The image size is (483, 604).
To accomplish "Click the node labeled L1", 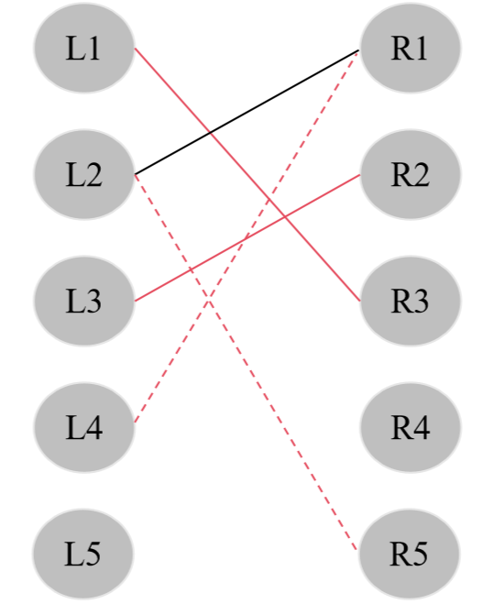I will (83, 48).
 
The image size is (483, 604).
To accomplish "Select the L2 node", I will (83, 174).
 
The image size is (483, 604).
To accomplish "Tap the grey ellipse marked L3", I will (83, 301).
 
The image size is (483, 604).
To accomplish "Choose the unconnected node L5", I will (83, 554).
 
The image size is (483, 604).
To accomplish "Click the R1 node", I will (409, 48).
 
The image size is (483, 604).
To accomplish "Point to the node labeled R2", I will (409, 174).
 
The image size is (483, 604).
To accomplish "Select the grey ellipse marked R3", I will (409, 301).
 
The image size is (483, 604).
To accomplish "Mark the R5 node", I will (409, 554).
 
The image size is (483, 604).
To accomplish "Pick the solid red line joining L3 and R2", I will (183, 273).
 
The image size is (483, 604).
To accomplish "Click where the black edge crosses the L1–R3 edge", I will (211, 132).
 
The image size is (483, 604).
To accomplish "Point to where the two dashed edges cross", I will (210, 301).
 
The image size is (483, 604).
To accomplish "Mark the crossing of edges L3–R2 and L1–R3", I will (285, 216).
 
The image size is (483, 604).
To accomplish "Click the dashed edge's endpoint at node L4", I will (135, 423).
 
